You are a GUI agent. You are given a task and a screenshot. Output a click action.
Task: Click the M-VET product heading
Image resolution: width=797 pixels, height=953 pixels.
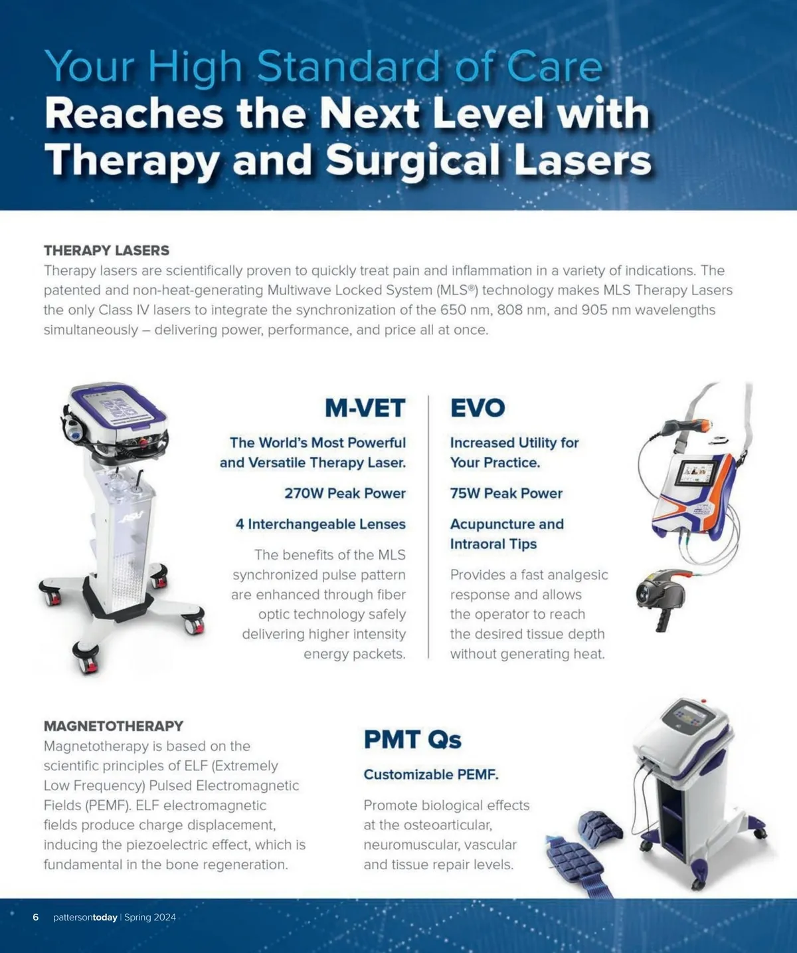coord(365,407)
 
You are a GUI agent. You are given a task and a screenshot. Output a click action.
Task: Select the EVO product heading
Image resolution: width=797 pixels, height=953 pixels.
coord(478,407)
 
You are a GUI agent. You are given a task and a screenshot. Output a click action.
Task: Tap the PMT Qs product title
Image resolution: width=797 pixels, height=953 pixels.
coord(412,740)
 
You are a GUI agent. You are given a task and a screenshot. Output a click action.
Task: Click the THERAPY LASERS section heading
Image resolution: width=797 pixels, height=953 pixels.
coord(106,250)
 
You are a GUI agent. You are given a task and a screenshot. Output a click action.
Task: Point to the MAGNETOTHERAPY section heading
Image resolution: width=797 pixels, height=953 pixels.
coord(114,726)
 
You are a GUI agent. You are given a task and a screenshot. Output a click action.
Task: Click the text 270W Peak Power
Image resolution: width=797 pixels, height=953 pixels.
coord(345,493)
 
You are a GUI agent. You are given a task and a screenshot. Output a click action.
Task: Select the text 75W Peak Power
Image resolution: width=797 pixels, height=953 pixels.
coord(506,493)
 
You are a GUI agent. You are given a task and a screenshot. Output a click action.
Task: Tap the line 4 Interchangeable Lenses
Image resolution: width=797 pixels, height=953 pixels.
coord(321,524)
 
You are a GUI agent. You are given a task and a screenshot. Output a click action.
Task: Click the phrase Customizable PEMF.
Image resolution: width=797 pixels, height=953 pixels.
coord(431,774)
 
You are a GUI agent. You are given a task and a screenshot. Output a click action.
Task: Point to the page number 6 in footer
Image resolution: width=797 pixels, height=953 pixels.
coord(36,917)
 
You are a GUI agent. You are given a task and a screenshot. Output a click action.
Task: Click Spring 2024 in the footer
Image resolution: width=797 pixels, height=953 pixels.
coord(150,917)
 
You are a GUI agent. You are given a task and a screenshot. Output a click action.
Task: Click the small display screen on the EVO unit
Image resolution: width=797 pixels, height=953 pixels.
coord(697,472)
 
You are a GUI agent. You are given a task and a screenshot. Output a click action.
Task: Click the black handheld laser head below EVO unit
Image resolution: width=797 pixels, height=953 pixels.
coord(660,597)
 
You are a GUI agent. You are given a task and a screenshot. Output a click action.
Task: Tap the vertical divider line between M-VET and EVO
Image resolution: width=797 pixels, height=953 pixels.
coord(428,527)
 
